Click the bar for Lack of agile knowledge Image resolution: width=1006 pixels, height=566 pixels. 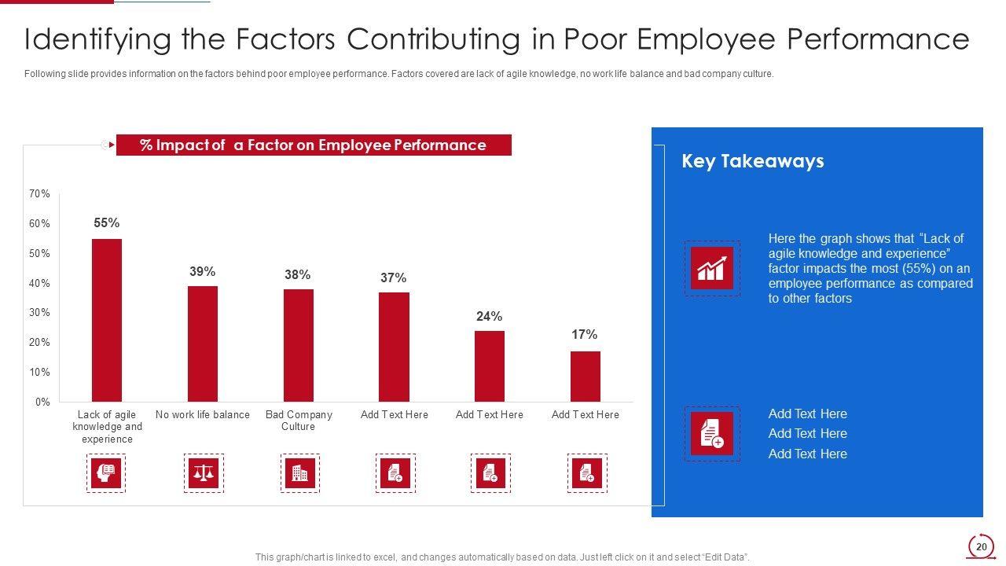(x=107, y=320)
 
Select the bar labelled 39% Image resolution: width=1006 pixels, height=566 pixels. (x=202, y=344)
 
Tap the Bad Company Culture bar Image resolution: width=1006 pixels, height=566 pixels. (x=298, y=345)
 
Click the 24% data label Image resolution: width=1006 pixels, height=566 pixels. (x=489, y=317)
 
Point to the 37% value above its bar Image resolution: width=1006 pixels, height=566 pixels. (x=393, y=278)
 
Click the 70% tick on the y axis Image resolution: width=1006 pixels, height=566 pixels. (x=40, y=194)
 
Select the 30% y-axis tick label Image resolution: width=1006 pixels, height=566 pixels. (x=40, y=313)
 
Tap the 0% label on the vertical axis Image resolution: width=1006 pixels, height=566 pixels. (x=42, y=402)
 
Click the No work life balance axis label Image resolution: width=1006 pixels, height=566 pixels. (x=202, y=415)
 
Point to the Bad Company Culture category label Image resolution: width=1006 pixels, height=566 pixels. (x=298, y=421)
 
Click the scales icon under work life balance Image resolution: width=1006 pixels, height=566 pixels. (x=204, y=473)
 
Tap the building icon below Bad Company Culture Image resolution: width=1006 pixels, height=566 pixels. (x=299, y=473)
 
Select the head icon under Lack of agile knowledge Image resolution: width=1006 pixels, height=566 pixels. (x=106, y=473)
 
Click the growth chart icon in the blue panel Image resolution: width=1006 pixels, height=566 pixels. (x=712, y=268)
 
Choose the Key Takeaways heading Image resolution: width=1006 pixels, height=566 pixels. (x=752, y=161)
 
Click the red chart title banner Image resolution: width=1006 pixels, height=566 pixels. (x=314, y=145)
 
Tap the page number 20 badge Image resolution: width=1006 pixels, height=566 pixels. (x=980, y=547)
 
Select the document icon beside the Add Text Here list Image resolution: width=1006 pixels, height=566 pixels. (x=712, y=433)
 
